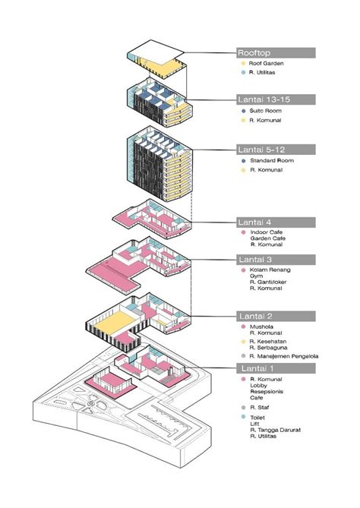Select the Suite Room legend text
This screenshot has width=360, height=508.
264,111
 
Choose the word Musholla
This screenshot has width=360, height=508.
261,327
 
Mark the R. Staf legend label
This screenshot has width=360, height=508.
257,408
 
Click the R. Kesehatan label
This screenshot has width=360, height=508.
267,342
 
